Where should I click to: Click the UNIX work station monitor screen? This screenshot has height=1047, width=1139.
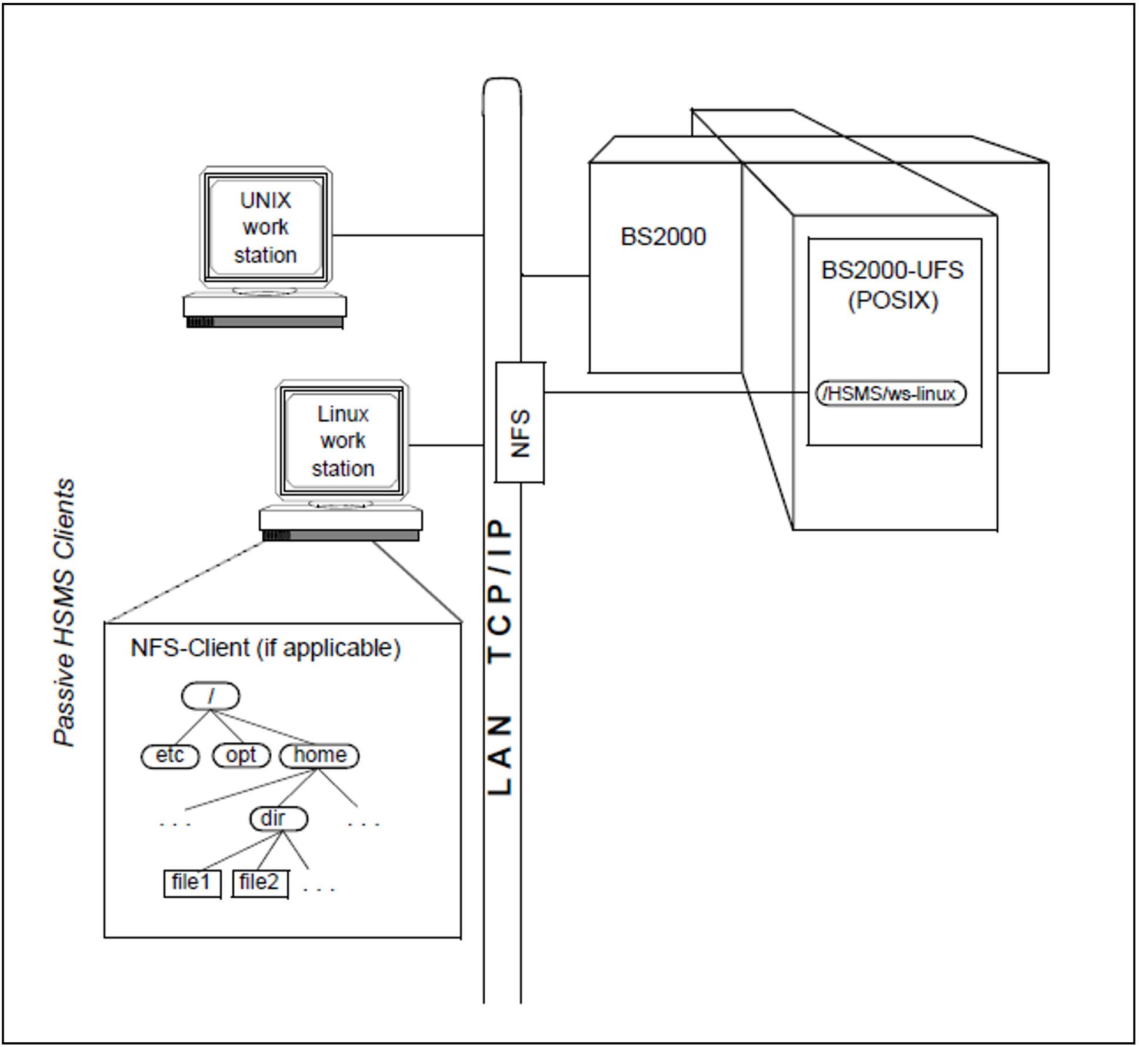coord(265,228)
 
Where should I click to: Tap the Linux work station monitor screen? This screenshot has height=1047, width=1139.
coord(342,441)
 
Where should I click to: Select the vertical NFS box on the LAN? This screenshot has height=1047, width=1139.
coord(519,422)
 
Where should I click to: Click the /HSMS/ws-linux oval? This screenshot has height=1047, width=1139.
coord(890,394)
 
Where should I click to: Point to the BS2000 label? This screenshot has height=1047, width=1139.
coord(663,236)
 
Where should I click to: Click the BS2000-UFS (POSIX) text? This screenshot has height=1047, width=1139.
coord(892,285)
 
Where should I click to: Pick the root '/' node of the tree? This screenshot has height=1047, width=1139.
coord(211,696)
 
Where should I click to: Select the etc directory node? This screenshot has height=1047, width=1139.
coord(170,755)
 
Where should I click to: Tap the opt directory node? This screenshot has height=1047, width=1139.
coord(241,755)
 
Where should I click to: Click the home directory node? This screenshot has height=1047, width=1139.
coord(319,755)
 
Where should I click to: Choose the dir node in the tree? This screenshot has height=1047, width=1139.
coord(278,818)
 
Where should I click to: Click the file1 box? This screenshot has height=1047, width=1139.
coord(192,882)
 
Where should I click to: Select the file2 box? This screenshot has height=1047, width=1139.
coord(260,882)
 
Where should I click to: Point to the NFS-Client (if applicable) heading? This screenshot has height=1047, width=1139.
coord(265,648)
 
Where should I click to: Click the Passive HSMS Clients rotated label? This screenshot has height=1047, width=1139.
coord(64,612)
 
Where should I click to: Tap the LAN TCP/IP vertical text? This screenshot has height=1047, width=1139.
coord(501,656)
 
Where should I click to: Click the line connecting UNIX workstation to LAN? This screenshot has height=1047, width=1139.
coord(408,235)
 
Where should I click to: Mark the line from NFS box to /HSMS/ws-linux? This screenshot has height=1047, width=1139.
coord(677,392)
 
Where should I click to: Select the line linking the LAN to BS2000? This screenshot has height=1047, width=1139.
coord(555,275)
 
